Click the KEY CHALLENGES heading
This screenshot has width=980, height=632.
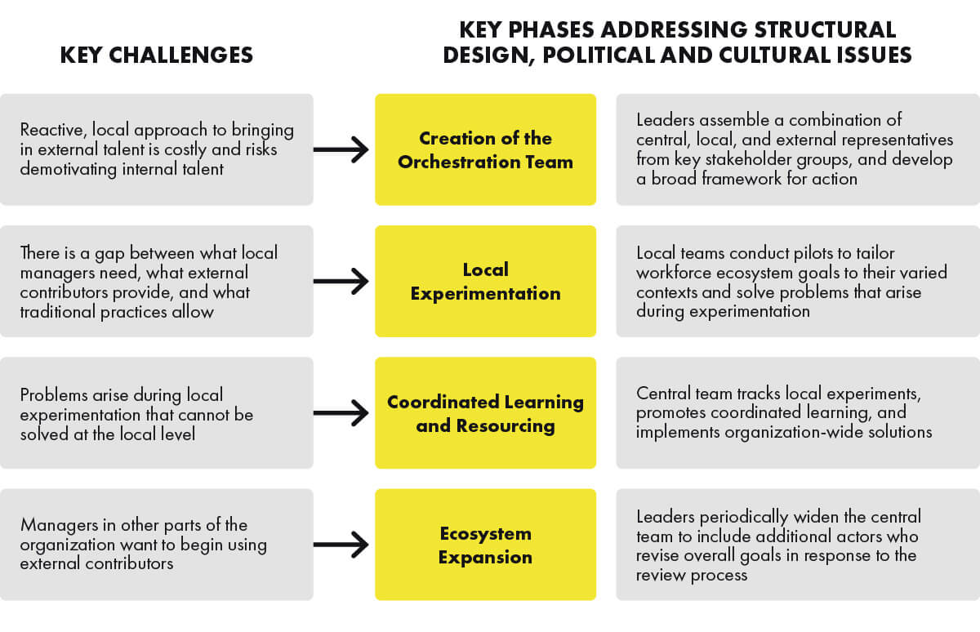[157, 55]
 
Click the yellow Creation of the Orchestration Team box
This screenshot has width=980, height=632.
[485, 149]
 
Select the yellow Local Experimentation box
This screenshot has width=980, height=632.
[485, 281]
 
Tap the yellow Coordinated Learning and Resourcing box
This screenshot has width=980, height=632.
[485, 413]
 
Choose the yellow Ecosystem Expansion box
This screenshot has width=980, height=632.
[485, 545]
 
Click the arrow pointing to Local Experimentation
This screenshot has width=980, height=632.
[341, 282]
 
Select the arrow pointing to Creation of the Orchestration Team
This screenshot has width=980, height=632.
[341, 149]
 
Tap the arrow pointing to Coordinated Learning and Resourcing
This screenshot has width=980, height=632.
[341, 413]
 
